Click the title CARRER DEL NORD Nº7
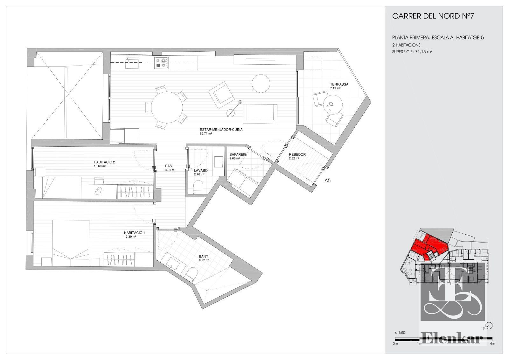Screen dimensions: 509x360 pos(433,16)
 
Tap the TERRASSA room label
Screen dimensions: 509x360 pos(339,84)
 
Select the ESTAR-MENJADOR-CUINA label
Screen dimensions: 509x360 pos(221,130)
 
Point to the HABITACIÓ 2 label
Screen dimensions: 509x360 pos(104,162)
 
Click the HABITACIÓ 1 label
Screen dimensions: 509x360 pos(134,233)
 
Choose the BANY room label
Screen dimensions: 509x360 pos(203,256)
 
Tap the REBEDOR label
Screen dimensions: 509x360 pos(297,154)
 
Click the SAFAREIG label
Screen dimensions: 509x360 pos(238,154)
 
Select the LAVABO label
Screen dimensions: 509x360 pos(201,170)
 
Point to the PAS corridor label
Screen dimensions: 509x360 pos(169,166)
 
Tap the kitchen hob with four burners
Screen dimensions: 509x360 pos(162,62)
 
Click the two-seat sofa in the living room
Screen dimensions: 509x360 pos(260,114)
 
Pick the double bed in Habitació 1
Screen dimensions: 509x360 pos(70,243)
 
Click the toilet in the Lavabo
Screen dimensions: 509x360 pos(198,187)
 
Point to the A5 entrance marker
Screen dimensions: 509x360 pos(327,180)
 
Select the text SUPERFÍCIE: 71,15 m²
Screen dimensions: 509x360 pos(412,52)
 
